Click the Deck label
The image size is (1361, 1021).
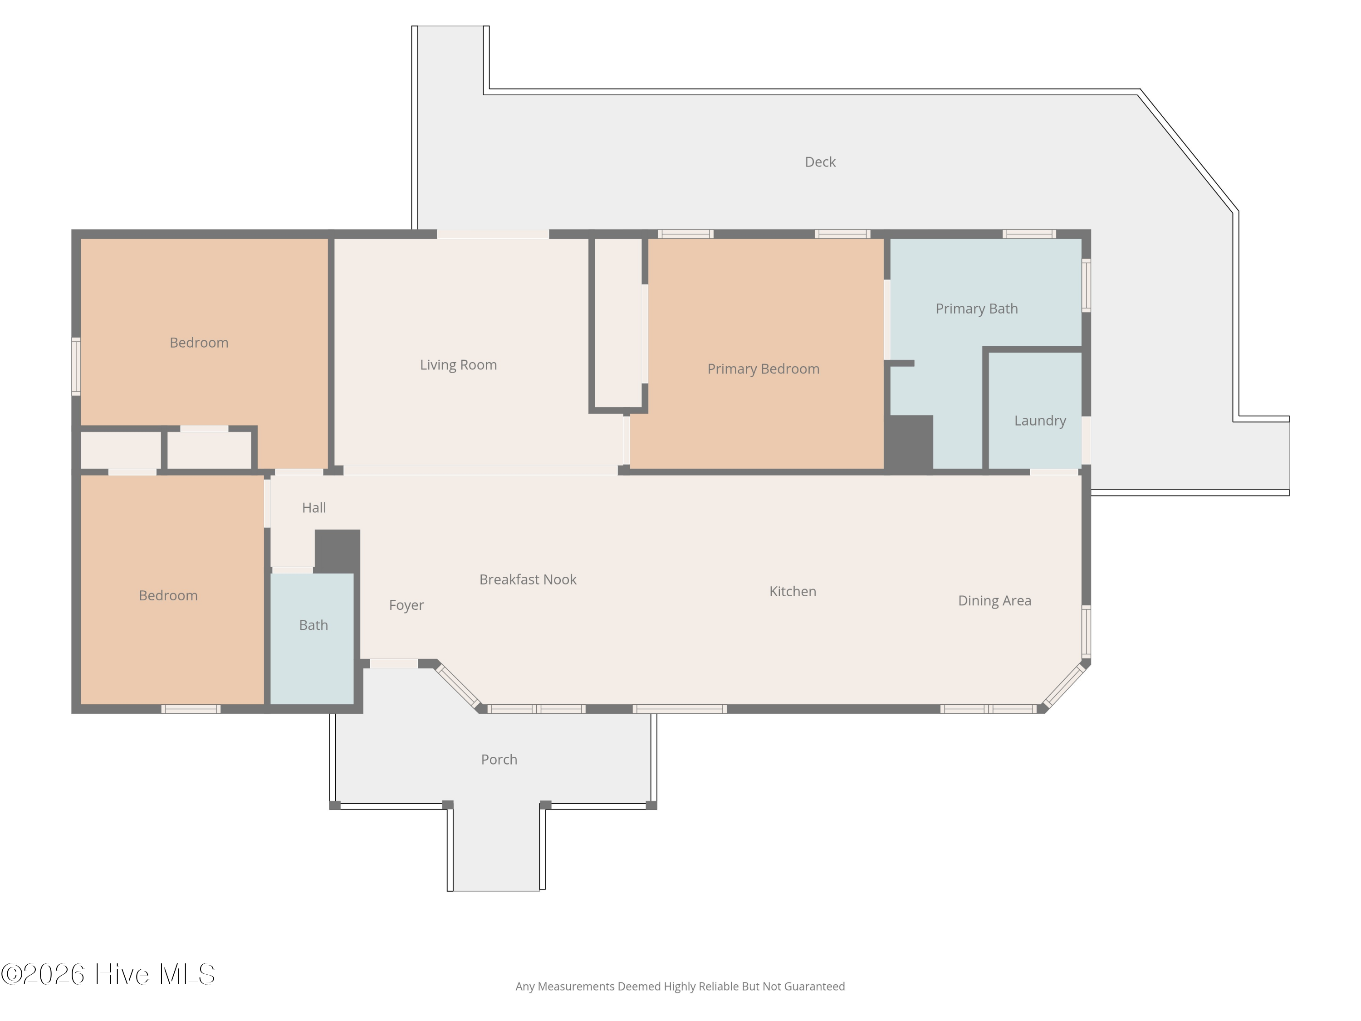(x=820, y=162)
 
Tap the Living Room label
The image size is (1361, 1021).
(x=458, y=365)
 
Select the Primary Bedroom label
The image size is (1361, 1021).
(x=763, y=369)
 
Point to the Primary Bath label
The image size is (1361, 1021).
(x=976, y=309)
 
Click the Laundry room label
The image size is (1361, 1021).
(x=1040, y=421)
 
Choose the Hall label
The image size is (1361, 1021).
(x=314, y=508)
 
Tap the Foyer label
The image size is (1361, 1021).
(x=406, y=606)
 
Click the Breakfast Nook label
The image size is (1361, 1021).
(x=528, y=580)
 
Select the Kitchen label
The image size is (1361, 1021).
(x=793, y=591)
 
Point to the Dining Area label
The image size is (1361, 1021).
(x=994, y=601)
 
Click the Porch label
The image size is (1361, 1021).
(x=499, y=760)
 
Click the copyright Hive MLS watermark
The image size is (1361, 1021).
(x=108, y=974)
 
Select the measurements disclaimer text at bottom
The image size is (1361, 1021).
(x=680, y=987)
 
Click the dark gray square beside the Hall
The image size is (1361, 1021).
(x=337, y=551)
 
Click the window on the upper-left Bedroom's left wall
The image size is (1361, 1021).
(x=76, y=366)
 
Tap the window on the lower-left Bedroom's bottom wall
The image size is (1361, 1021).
(x=191, y=709)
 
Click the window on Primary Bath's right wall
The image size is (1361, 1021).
(x=1086, y=285)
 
